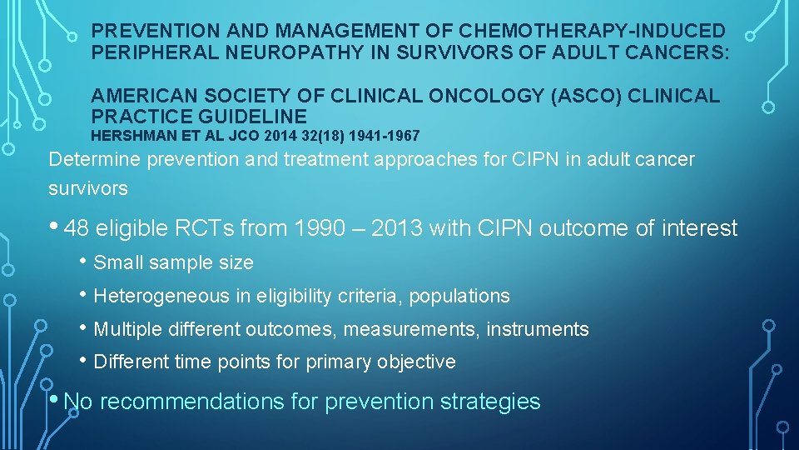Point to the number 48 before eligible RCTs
click(76, 228)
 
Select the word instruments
click(538, 329)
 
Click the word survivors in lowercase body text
click(88, 188)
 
